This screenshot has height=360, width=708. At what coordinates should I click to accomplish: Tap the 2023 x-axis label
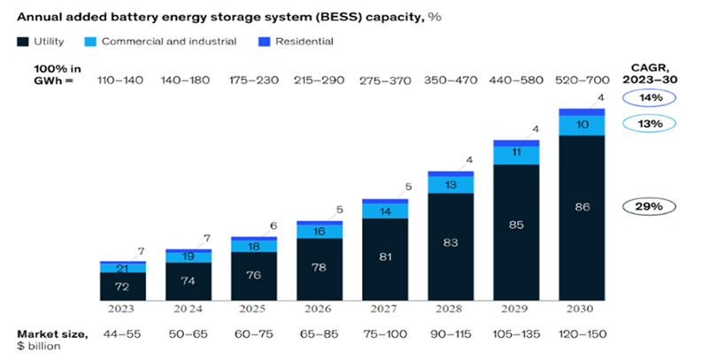(x=123, y=310)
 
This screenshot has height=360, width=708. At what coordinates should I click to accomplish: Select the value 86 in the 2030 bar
(x=581, y=207)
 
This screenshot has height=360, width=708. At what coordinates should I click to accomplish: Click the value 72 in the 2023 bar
(x=123, y=287)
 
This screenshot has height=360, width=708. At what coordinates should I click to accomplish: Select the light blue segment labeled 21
(x=123, y=268)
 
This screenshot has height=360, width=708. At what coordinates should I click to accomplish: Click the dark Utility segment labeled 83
(x=450, y=241)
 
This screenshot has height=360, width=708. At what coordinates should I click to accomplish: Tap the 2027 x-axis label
(x=385, y=310)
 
